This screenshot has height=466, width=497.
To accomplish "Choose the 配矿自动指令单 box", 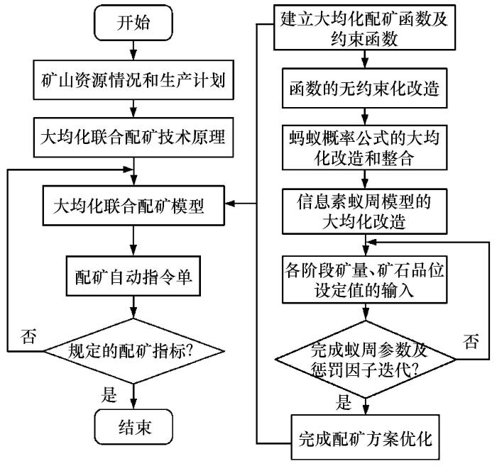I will (x=133, y=274).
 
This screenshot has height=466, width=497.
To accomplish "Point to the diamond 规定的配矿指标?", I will (x=133, y=350).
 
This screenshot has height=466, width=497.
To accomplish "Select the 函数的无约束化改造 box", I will (x=364, y=90).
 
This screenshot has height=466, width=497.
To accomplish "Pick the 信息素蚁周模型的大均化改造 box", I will (x=364, y=210).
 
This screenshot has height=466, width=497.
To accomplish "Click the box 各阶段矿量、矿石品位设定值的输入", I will (x=364, y=279).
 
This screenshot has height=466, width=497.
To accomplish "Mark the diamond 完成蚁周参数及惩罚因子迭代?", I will (x=364, y=359).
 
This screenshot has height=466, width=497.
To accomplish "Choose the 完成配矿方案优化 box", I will (x=364, y=436).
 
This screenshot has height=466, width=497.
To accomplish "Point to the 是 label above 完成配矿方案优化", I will (x=344, y=404).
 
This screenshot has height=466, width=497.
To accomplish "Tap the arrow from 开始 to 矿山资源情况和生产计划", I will (x=133, y=50).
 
